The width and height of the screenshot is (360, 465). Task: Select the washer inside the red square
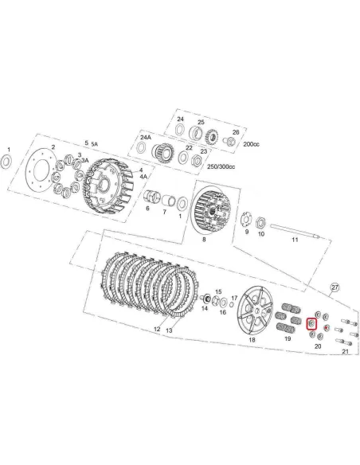coord(312,323)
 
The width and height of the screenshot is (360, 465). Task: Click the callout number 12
coord(157,329)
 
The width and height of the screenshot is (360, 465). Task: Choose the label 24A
coord(145,136)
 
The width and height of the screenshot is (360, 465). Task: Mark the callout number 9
coord(246,232)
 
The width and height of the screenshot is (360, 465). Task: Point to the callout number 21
coord(345,351)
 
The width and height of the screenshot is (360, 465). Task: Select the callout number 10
coord(260,232)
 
